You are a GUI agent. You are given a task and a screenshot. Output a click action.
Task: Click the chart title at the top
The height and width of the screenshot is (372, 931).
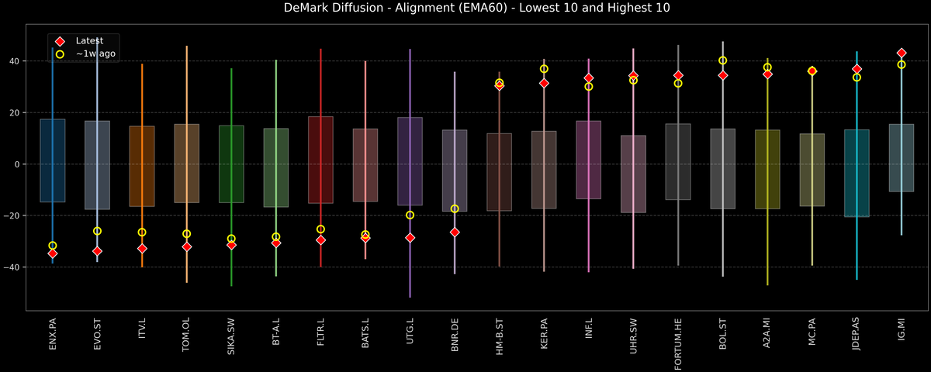(465, 9)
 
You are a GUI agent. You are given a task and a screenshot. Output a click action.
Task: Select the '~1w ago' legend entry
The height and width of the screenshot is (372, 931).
(95, 54)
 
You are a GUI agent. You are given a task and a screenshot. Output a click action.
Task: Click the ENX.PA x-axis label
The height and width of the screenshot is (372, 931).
(53, 334)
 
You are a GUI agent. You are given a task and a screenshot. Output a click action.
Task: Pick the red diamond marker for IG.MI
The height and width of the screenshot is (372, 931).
(902, 53)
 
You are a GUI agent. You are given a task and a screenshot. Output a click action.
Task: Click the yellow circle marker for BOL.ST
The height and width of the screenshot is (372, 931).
(723, 60)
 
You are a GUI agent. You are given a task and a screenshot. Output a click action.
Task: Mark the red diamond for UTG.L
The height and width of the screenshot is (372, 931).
(410, 238)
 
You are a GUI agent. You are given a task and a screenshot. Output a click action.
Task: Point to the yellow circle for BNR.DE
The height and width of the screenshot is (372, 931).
(455, 208)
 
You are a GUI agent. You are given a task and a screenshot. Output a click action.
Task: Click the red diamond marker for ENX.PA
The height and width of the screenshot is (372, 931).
(53, 253)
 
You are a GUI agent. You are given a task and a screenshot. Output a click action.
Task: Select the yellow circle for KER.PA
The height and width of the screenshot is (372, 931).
(544, 69)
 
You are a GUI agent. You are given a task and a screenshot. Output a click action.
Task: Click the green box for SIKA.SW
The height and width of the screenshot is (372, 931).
(231, 164)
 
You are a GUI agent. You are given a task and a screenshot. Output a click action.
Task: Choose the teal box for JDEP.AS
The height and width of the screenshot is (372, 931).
(857, 173)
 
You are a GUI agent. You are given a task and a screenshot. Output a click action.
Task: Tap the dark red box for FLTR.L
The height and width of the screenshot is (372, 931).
(320, 160)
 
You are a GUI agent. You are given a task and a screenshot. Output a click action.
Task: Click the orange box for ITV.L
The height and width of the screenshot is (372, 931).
(142, 166)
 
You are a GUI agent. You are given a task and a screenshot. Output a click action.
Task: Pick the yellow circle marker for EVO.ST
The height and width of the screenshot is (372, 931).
(97, 231)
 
